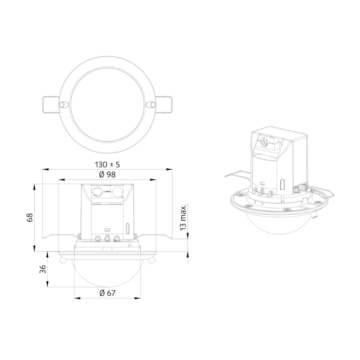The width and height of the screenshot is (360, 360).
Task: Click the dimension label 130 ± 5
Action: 107,165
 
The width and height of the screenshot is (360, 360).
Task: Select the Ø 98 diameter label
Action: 108,174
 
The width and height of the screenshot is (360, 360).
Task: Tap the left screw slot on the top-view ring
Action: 62,103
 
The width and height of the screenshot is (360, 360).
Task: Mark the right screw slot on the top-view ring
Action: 151,103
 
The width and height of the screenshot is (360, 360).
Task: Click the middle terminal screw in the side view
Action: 107,239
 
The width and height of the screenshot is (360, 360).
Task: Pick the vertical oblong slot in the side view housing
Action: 127,229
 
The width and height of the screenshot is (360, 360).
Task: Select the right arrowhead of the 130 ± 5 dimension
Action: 170,169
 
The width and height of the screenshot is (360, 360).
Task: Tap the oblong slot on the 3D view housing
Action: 282,184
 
